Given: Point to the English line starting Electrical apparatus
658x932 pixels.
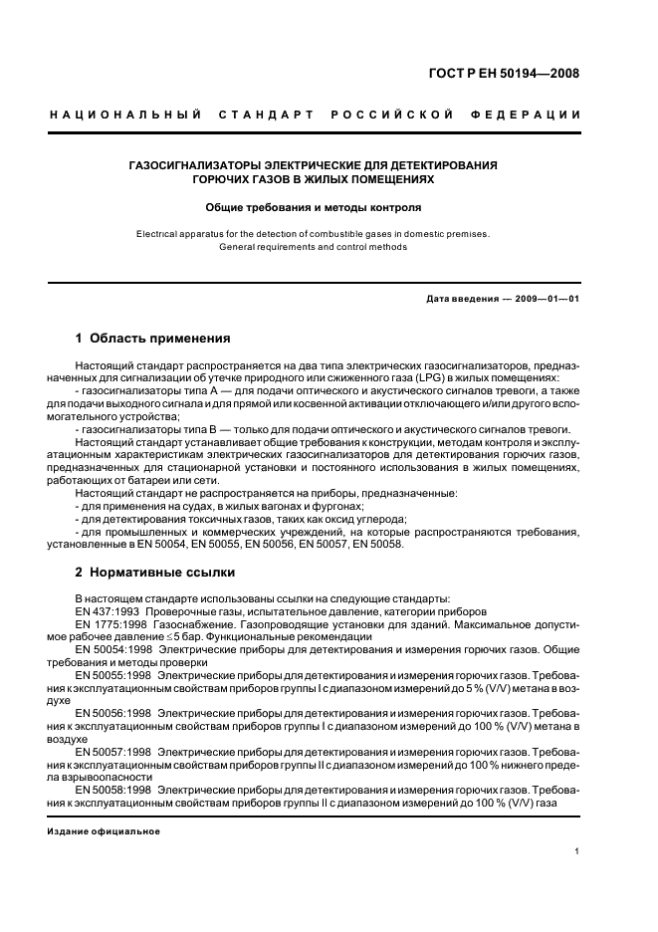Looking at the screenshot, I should tap(314, 234).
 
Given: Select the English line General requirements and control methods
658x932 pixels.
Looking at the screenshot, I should tap(314, 246).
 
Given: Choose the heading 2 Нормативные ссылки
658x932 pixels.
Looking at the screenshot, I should tap(155, 573).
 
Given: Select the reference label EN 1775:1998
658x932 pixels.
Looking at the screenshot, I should tap(110, 623).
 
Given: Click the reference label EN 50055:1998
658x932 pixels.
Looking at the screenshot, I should tap(113, 674).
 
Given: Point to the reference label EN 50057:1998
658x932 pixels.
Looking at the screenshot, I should tap(113, 751).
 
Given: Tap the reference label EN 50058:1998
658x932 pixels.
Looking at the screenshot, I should tap(113, 789).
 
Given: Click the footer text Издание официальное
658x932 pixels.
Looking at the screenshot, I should tap(104, 830).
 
